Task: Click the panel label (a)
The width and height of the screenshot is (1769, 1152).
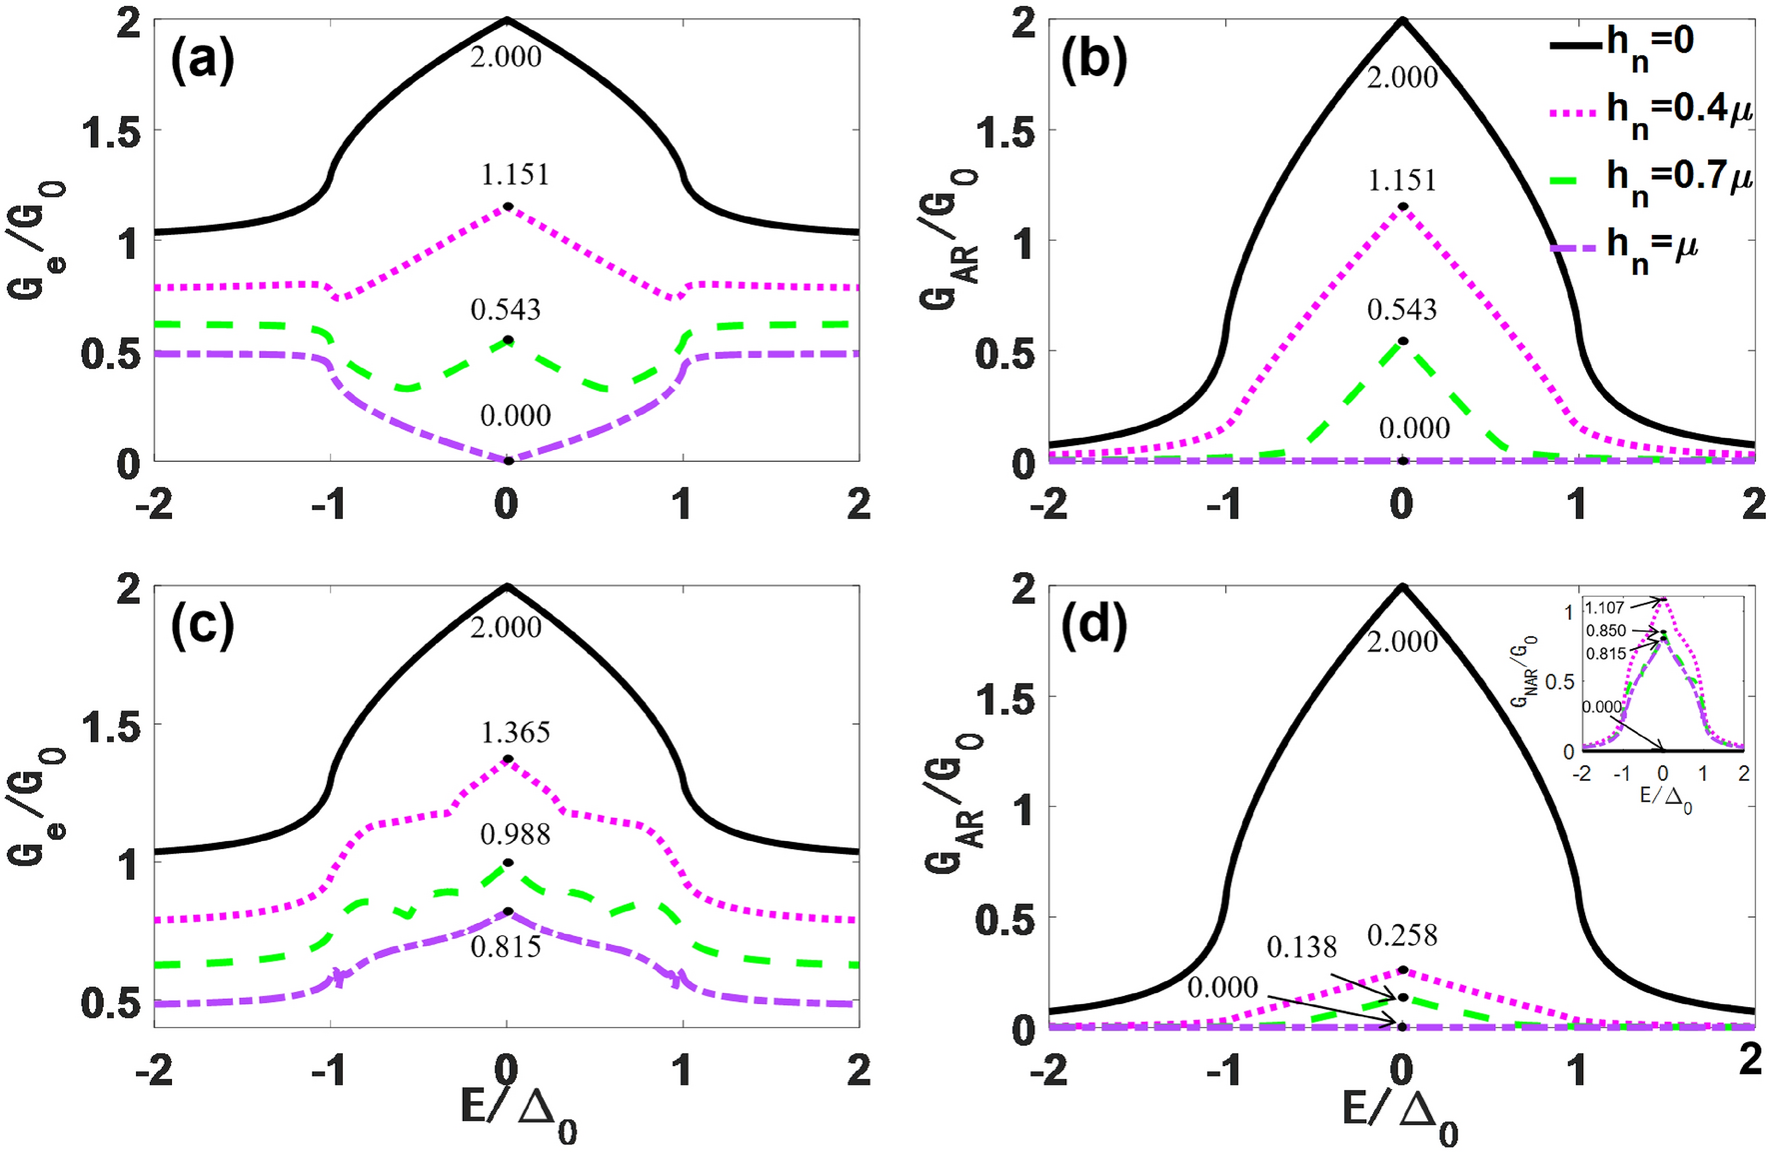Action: pos(202,62)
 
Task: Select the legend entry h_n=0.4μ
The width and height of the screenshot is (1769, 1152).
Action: pos(1679,109)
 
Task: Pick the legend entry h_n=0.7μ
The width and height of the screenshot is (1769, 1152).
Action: pos(1679,177)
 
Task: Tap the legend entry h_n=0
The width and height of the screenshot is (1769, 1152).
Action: pos(1649,42)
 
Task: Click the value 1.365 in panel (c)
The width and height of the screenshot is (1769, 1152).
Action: pos(515,733)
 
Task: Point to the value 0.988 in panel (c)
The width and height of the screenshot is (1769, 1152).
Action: pos(515,834)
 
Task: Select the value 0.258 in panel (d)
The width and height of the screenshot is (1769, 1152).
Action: pos(1402,936)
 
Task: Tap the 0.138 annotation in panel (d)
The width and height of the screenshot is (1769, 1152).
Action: pos(1301,947)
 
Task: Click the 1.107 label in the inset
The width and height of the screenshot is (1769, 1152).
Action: pos(1605,607)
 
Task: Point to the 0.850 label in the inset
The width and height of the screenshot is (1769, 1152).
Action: pos(1606,631)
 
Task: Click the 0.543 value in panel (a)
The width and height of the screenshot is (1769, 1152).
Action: pos(506,310)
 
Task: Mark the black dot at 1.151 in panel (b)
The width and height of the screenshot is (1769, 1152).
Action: pos(1402,207)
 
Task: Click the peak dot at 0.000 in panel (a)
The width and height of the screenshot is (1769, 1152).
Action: pos(508,461)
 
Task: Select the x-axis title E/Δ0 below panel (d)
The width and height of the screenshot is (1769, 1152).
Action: pos(1399,1115)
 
